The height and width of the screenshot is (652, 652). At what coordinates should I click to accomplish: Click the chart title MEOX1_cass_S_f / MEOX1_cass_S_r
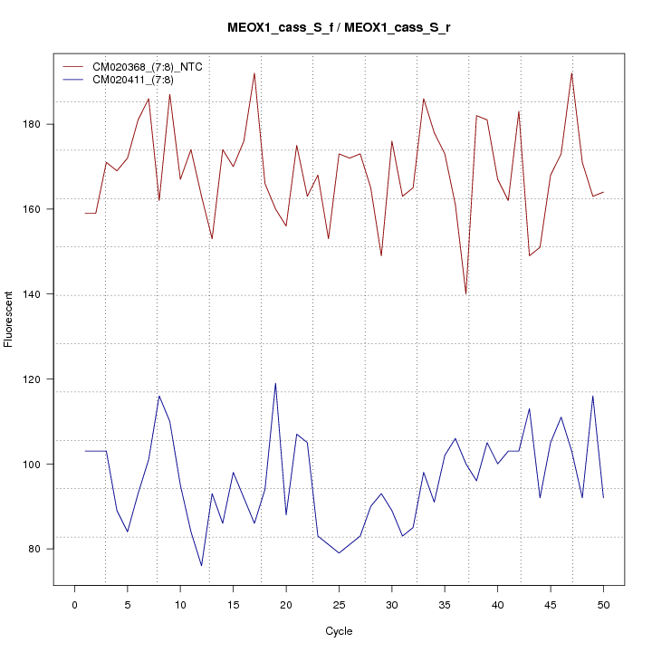(339, 28)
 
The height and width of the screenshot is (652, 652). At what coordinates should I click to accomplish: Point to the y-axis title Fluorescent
(10, 319)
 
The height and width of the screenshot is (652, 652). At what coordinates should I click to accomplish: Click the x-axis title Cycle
(338, 631)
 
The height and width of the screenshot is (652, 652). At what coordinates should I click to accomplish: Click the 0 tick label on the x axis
(74, 604)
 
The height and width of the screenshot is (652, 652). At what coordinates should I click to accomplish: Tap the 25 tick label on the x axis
(339, 604)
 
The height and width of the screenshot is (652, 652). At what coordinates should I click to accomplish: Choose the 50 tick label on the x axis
(603, 604)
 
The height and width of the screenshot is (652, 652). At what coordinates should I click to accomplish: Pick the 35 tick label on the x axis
(445, 604)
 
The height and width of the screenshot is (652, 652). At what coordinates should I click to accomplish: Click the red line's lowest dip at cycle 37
(465, 294)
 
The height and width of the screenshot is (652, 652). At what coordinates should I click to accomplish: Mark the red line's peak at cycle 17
(254, 73)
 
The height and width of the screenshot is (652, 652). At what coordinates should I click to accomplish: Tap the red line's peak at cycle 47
(571, 73)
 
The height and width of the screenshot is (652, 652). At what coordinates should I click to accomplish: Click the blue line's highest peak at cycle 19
(275, 383)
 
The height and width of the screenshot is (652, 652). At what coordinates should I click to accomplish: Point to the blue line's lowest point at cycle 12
(201, 566)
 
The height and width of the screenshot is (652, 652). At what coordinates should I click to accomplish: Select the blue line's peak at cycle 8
(159, 396)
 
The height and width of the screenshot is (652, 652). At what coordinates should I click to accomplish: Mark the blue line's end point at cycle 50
(603, 498)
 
